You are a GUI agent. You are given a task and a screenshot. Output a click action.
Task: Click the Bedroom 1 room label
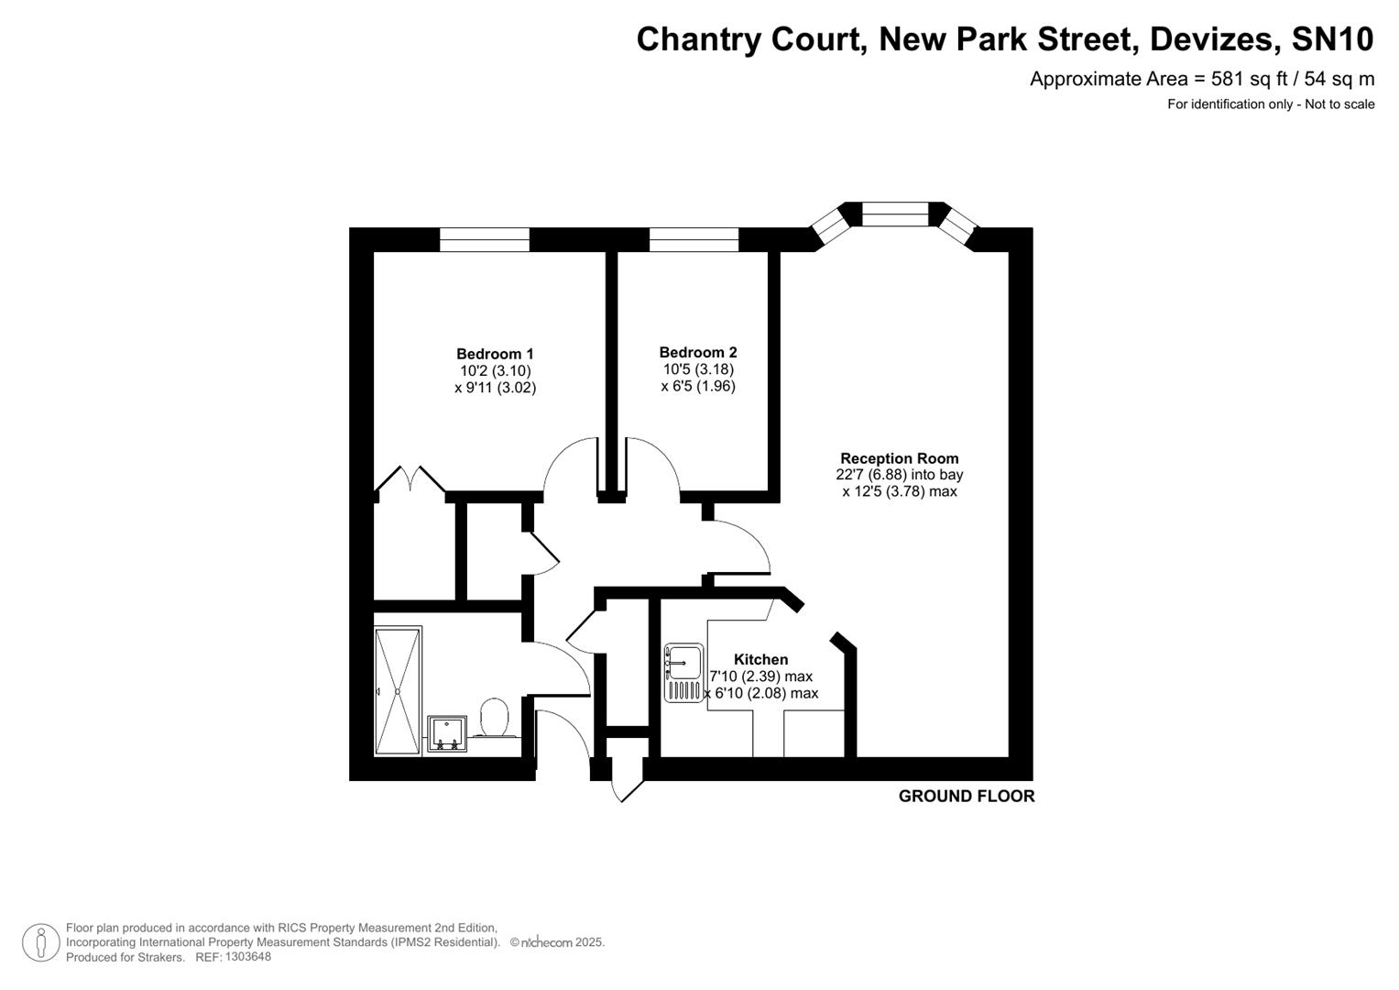[x=495, y=354]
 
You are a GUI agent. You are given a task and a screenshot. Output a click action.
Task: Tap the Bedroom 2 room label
[x=697, y=352]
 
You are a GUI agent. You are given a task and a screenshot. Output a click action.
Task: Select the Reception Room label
[x=899, y=458]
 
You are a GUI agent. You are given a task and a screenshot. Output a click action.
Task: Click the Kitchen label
[x=760, y=659]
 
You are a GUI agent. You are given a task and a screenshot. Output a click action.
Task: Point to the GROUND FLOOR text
[x=966, y=797]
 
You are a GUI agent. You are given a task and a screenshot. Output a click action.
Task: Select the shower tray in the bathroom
[x=398, y=690]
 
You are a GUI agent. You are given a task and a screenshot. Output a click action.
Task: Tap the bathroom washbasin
[x=446, y=733]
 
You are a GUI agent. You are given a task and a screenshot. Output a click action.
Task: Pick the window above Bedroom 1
[x=484, y=239]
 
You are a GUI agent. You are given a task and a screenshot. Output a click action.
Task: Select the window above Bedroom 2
[x=694, y=239]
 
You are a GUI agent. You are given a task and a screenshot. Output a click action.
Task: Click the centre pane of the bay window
[x=895, y=214]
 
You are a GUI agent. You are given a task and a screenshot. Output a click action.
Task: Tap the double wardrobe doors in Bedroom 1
[x=410, y=479]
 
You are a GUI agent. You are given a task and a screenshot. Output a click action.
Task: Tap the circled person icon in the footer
[x=41, y=942]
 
